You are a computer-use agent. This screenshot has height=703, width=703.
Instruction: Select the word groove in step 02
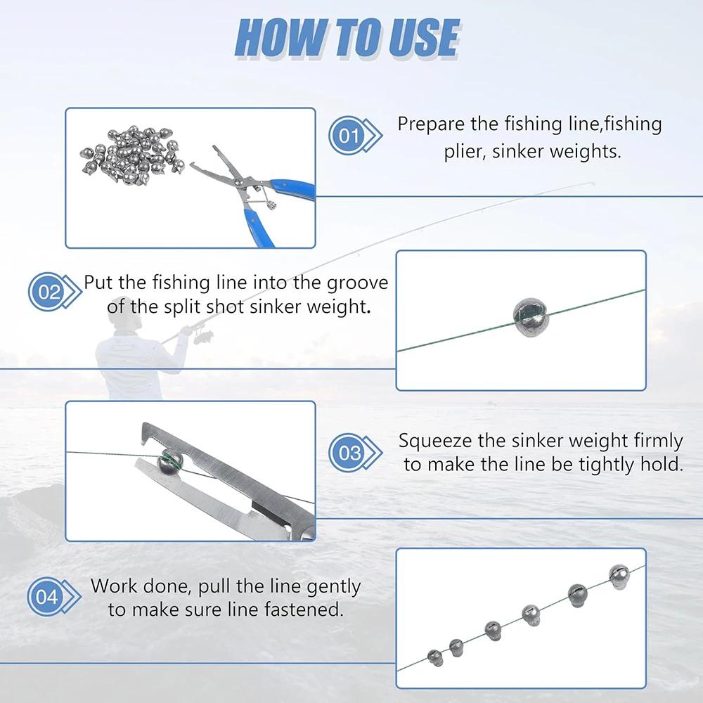(x=357, y=283)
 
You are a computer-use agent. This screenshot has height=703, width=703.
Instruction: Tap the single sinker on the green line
(x=530, y=316)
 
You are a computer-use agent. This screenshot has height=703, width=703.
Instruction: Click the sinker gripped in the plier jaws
(x=170, y=463)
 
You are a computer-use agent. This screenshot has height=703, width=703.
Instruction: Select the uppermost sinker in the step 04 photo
(x=619, y=576)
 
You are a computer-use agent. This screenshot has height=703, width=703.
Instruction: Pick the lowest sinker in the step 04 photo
(x=435, y=658)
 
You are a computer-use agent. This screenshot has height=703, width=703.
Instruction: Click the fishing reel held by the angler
(x=202, y=336)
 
